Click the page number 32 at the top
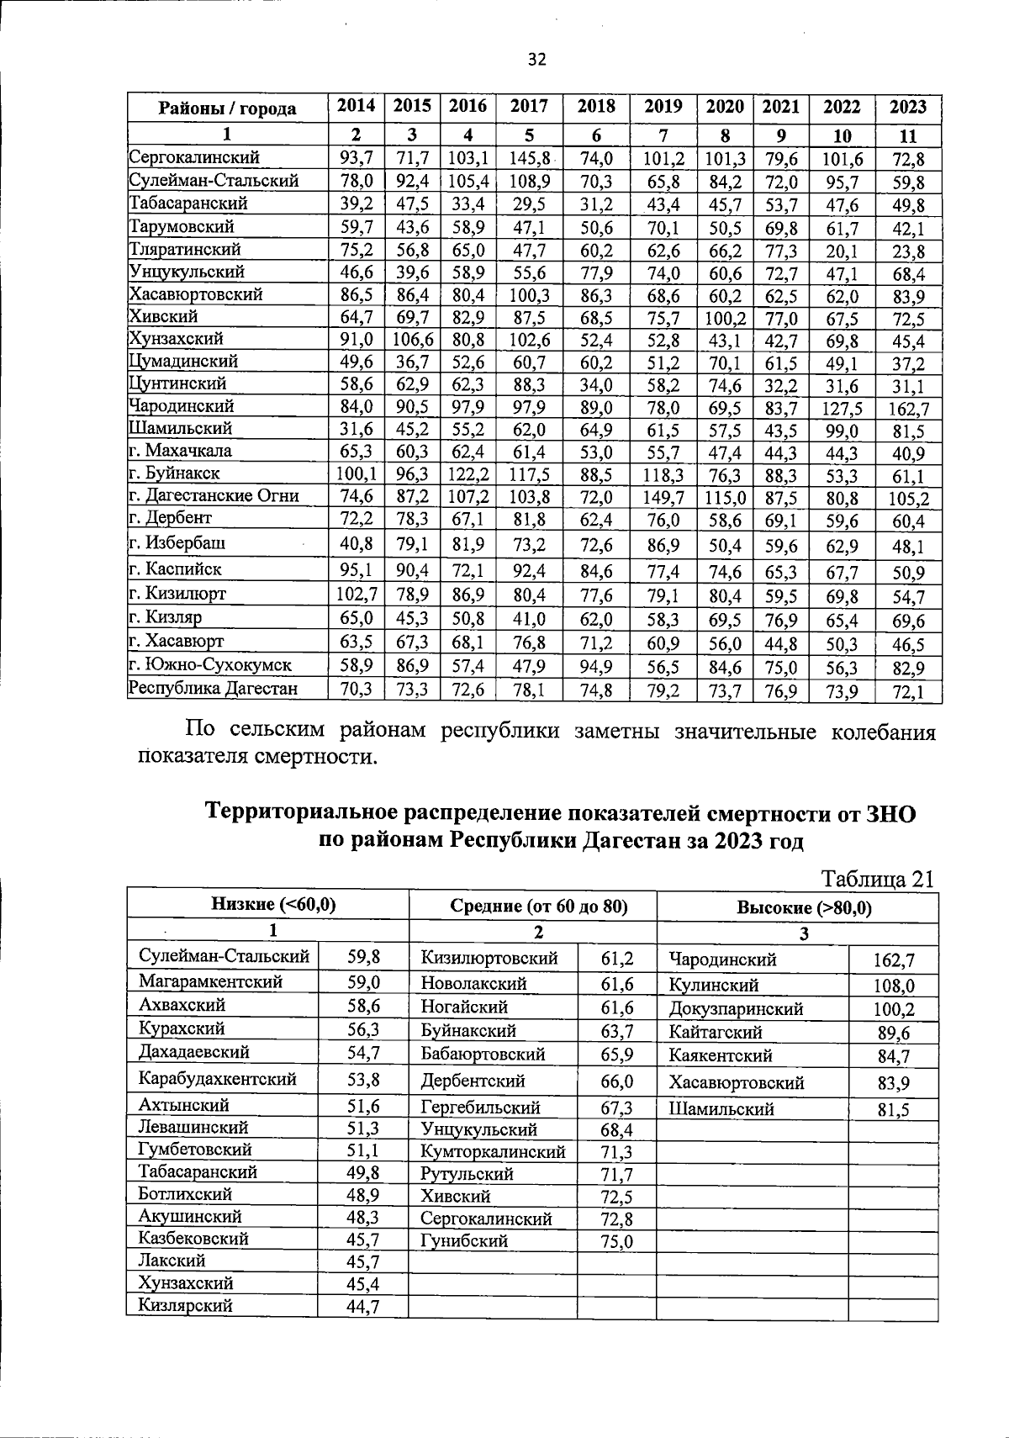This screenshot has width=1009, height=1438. click(x=536, y=58)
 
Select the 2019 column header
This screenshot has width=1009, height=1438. click(x=663, y=107)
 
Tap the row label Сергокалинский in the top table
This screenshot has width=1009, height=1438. click(x=194, y=157)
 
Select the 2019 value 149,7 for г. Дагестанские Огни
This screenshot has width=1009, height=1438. click(x=663, y=497)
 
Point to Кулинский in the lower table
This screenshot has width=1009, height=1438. click(x=714, y=985)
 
